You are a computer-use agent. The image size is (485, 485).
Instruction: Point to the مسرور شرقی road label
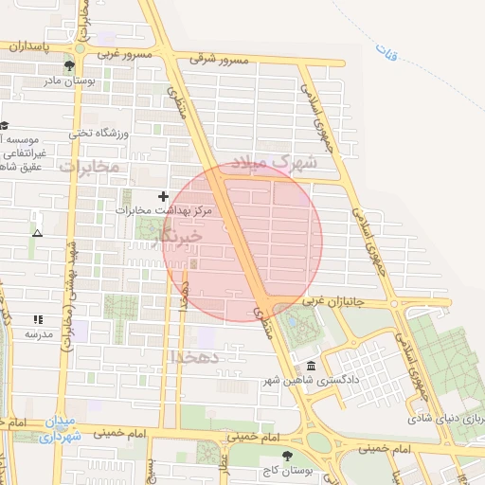pyautogui.click(x=218, y=60)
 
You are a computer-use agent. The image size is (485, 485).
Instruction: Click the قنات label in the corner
pyautogui.click(x=386, y=52)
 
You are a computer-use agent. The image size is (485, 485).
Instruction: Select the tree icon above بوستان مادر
pyautogui.click(x=69, y=65)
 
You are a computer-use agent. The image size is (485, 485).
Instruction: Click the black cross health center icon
pyautogui.click(x=163, y=196)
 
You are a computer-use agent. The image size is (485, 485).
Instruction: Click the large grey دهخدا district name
pyautogui.click(x=196, y=356)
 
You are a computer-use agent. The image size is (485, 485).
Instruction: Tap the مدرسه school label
pyautogui.click(x=38, y=334)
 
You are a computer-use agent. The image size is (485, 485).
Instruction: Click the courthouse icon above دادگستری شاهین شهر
pyautogui.click(x=311, y=367)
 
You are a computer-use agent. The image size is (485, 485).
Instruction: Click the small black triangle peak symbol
pyautogui.click(x=37, y=232)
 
